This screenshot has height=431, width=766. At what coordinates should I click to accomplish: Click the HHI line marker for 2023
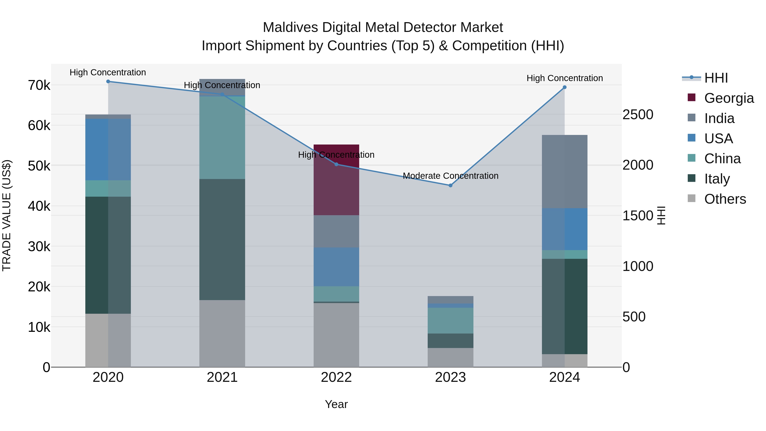coord(450,185)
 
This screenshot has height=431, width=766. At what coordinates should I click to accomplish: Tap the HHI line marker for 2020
coord(108,82)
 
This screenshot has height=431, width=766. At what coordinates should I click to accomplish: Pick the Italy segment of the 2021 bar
coord(222,239)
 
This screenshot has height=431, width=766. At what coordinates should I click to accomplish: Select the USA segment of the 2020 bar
coord(108,149)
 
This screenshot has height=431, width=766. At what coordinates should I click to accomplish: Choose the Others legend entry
coord(725,199)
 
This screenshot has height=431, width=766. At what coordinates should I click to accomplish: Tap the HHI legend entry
coord(716,78)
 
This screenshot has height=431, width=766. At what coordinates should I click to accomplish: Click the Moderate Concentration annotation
coord(450,176)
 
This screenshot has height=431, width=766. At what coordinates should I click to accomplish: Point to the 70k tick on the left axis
coord(39,85)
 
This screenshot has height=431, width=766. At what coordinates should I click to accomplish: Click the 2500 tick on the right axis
coord(638,115)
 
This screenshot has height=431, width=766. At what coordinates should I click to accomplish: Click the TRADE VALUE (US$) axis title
coord(7,215)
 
